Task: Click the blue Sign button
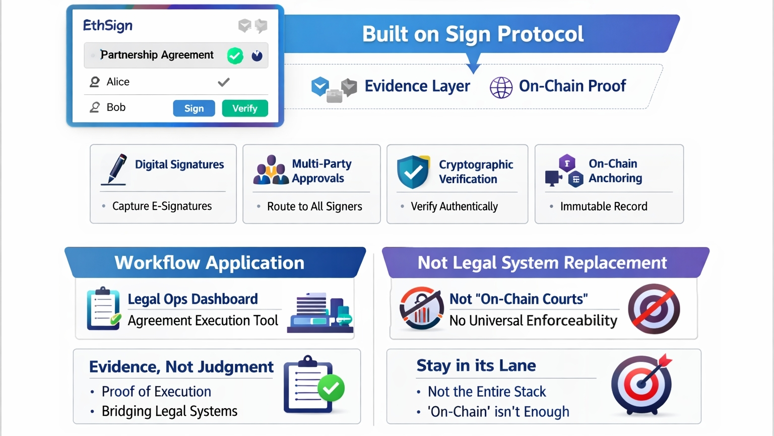[194, 108]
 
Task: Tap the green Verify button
[245, 108]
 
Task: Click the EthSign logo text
[108, 26]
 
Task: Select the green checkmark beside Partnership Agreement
[235, 56]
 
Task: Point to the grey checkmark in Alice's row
[224, 82]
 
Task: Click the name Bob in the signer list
[116, 107]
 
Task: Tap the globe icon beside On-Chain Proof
[501, 87]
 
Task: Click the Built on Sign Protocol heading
[473, 34]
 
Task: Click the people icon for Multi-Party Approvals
[271, 170]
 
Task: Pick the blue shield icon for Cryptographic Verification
[413, 172]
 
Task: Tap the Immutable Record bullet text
[604, 206]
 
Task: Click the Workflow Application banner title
[210, 263]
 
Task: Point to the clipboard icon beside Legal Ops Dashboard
[104, 308]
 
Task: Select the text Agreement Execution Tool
[203, 321]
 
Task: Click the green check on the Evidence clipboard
[331, 388]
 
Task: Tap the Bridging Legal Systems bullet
[169, 411]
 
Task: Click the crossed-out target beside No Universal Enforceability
[654, 309]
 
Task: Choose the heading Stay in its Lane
[476, 365]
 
